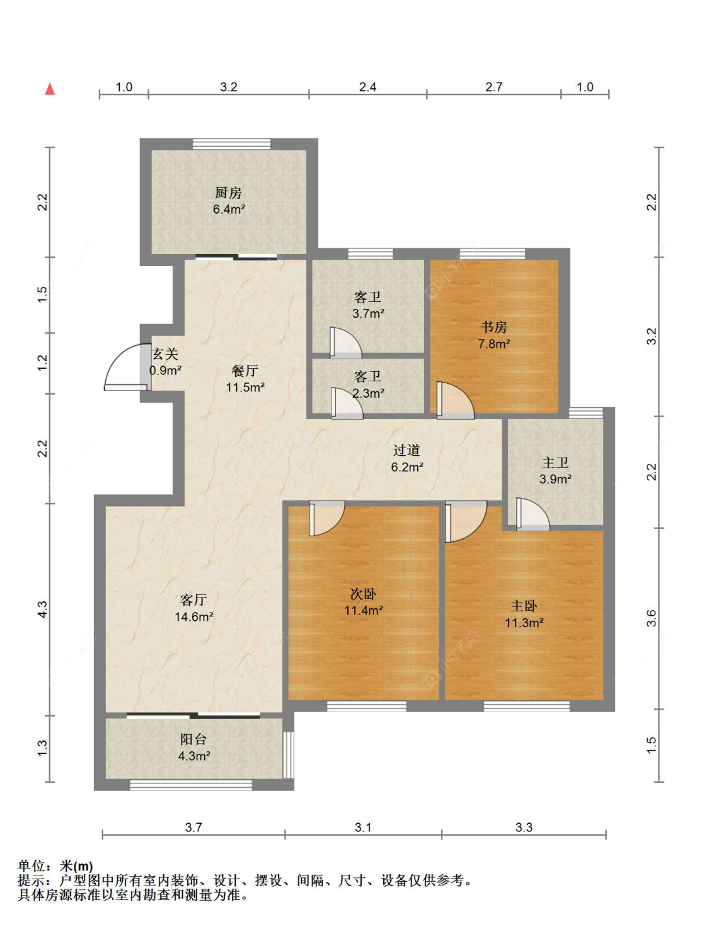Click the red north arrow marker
(x=50, y=89)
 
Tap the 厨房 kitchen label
(x=228, y=193)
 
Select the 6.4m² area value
(x=229, y=209)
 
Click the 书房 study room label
(x=493, y=327)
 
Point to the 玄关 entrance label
(x=165, y=354)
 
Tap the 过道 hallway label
(x=406, y=451)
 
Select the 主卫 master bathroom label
(x=555, y=463)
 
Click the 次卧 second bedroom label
(x=364, y=594)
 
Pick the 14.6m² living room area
(x=193, y=616)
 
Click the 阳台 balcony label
(x=193, y=739)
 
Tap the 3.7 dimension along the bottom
(x=193, y=827)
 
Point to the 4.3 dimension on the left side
(x=43, y=609)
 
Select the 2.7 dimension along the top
(x=493, y=87)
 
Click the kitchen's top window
(x=231, y=144)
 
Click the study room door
(x=455, y=400)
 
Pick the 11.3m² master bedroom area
(x=524, y=623)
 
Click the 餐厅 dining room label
(x=245, y=371)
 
